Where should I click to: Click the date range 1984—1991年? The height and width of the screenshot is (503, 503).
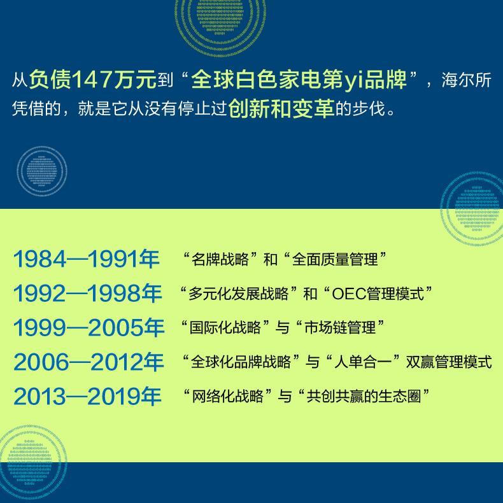point(87,259)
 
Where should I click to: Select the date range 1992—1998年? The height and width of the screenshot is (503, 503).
point(87,293)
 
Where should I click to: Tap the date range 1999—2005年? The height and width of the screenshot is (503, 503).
point(89,327)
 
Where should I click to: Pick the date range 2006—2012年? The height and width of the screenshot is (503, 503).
point(89,362)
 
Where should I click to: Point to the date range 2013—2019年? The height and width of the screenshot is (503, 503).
point(87,396)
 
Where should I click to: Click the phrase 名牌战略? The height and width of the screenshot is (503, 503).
point(220,259)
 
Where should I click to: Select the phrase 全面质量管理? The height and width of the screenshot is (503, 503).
point(335,259)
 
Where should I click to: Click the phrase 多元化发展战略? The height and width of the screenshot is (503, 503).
point(238,294)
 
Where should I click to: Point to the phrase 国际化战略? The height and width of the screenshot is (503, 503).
point(225,327)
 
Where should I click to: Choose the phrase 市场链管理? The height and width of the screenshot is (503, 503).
point(340,327)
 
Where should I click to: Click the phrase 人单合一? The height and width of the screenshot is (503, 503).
point(363,362)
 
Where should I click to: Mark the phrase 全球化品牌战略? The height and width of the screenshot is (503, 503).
point(241,362)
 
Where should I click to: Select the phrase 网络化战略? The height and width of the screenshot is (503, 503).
point(227,396)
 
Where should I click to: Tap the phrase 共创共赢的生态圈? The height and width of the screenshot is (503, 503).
point(364,396)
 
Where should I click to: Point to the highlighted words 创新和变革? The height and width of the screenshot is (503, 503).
point(281,108)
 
